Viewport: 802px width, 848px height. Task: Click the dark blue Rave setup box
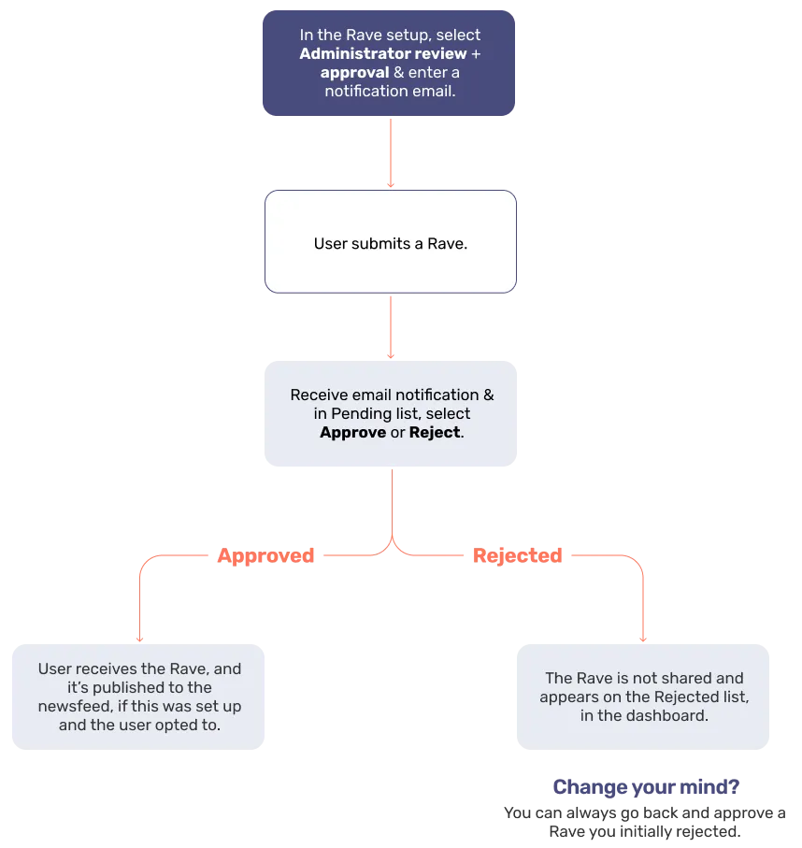point(389,63)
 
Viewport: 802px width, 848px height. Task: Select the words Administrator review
point(383,53)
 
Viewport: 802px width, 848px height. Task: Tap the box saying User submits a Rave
point(391,242)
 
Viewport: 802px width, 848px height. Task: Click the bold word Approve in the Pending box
point(352,433)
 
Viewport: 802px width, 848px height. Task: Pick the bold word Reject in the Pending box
point(435,432)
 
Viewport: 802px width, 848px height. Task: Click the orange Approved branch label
point(265,555)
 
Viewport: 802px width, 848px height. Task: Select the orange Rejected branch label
point(518,555)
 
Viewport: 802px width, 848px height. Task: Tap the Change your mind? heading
point(646,786)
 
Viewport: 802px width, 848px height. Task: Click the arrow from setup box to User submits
point(391,153)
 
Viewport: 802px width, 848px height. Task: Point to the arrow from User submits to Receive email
point(391,327)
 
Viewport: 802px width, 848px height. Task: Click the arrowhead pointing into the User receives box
point(139,640)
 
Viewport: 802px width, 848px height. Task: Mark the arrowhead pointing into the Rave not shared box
point(643,640)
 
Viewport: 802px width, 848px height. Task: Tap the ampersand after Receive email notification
point(488,395)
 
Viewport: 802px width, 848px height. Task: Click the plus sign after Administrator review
point(476,54)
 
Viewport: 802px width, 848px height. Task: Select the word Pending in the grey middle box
point(361,414)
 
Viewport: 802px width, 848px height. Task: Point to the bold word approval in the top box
point(355,73)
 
